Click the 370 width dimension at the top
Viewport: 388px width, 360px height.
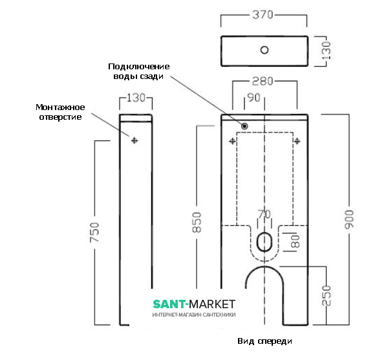point(264,14)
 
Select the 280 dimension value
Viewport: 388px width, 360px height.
point(263,82)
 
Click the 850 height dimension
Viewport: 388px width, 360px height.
point(197,222)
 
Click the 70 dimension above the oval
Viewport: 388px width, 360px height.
point(264,214)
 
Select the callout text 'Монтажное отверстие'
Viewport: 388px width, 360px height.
point(59,112)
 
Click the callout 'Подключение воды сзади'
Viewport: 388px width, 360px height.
point(138,71)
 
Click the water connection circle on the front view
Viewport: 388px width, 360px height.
point(246,126)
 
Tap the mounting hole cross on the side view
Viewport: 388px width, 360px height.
point(135,140)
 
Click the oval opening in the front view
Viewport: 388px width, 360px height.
point(264,242)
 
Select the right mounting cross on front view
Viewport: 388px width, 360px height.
point(297,140)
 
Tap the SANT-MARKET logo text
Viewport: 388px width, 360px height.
point(194,304)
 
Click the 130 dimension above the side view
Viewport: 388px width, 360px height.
point(136,98)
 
